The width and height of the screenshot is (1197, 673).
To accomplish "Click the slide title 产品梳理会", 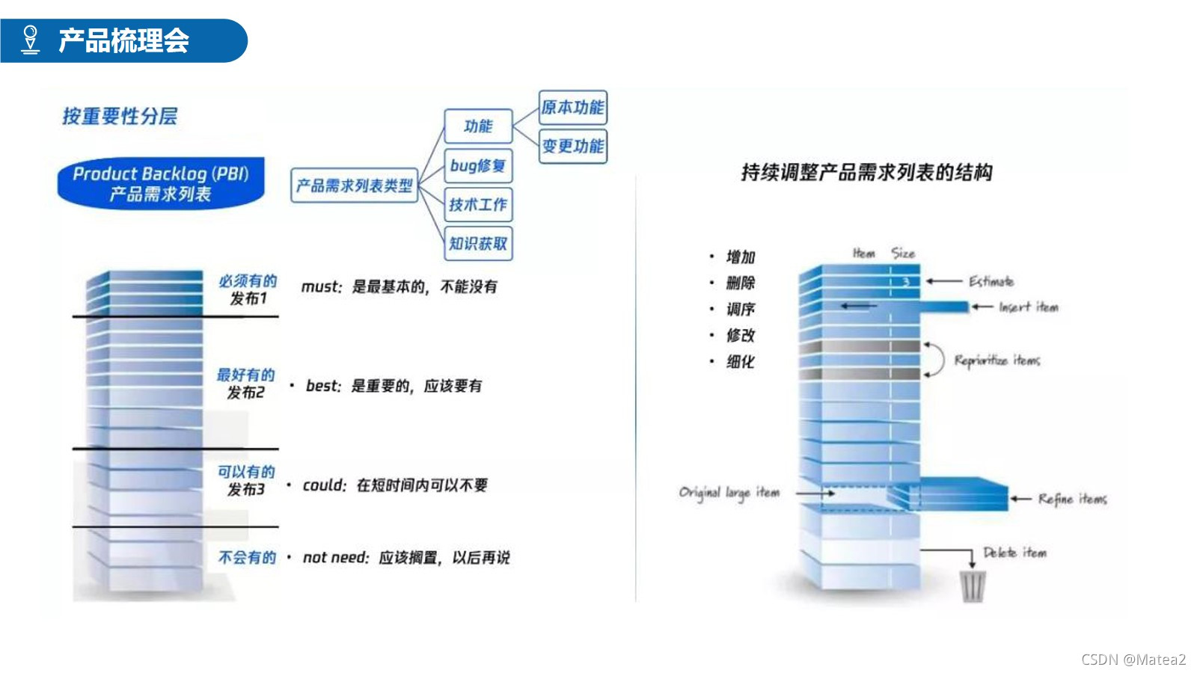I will point(123,40).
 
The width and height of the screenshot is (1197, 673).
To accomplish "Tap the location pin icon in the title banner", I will point(30,40).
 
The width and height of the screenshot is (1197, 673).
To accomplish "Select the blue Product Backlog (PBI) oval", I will point(161,183).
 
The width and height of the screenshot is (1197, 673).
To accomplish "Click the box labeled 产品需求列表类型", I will point(354,185).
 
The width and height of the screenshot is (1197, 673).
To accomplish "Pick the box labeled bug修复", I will point(478,166).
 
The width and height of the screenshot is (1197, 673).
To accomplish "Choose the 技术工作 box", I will point(478,205).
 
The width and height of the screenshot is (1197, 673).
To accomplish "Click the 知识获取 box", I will point(478,244).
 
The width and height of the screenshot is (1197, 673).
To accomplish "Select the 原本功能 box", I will point(572,108).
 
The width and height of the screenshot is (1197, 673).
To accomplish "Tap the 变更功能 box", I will point(572,146).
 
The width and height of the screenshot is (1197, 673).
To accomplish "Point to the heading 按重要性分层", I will point(120,117).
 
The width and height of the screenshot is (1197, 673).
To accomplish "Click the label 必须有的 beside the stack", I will point(248,281).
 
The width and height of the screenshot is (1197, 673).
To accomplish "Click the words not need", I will point(335,558).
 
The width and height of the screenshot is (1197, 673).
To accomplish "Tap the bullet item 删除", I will point(741,283).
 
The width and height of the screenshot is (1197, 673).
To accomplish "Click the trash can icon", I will point(973,586).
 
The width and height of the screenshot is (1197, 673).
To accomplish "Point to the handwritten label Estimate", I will point(991,282).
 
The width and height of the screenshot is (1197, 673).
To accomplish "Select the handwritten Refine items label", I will point(1072,500).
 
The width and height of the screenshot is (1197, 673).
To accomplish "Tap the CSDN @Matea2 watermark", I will point(1133,660).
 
